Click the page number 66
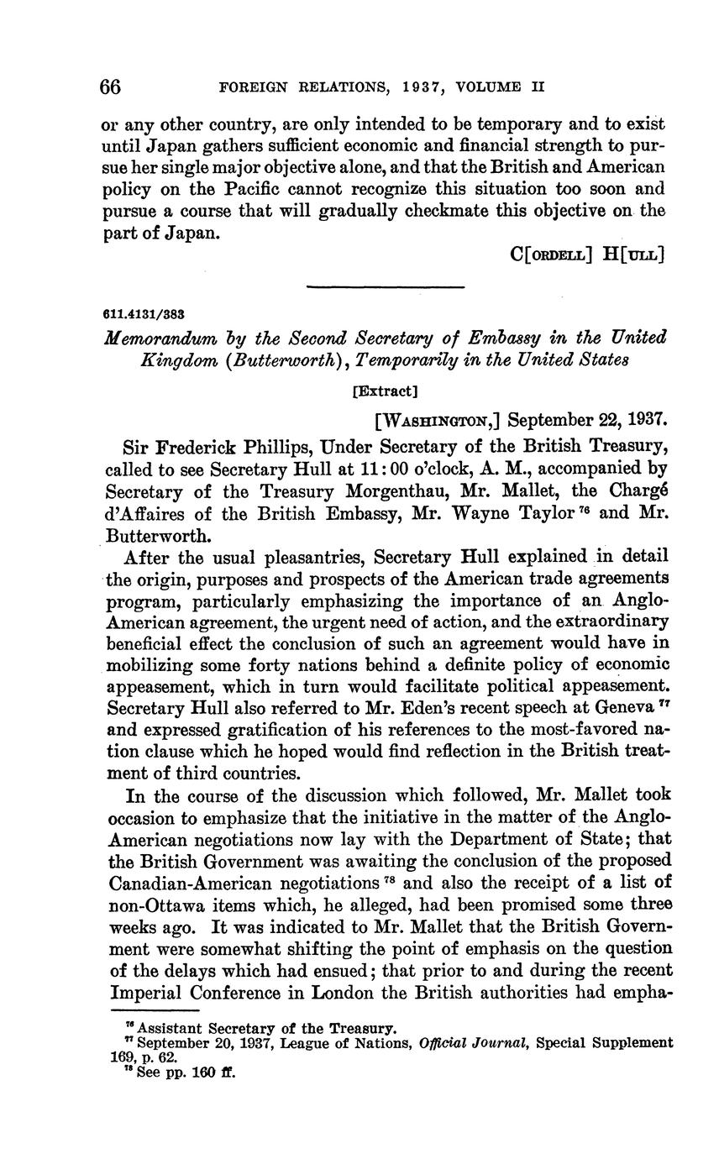coord(111,87)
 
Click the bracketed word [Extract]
coord(385,391)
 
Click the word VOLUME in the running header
coord(480,87)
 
